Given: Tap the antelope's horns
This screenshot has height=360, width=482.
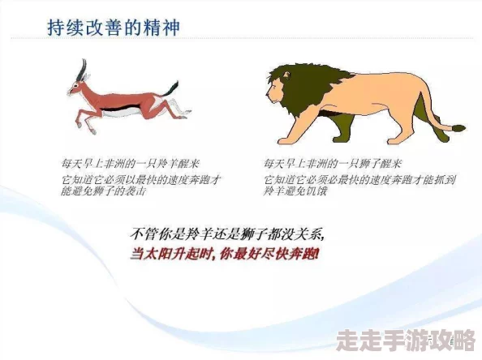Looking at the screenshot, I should [x=80, y=70].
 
